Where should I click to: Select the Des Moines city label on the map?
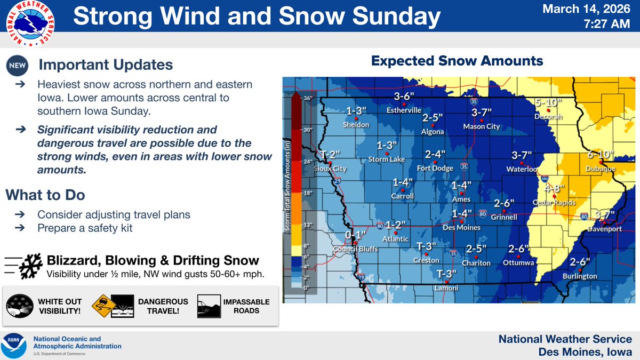point(462,228)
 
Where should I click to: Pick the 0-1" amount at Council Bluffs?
point(356,235)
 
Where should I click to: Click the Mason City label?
point(482,126)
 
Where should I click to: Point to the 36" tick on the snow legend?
point(307,99)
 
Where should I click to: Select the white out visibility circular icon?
point(19,307)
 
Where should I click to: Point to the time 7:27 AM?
point(607,25)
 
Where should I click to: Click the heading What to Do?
point(45,195)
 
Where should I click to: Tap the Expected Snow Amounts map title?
point(457,61)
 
